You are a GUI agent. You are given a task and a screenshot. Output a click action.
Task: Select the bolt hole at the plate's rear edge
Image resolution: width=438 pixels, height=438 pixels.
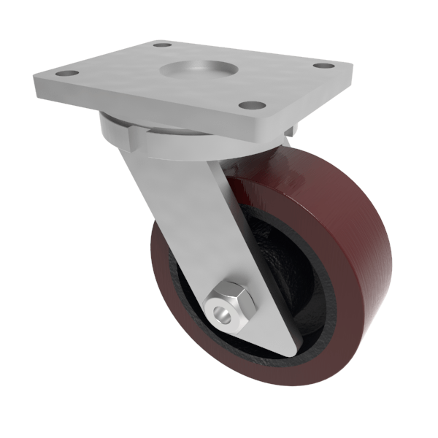coord(163,45)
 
